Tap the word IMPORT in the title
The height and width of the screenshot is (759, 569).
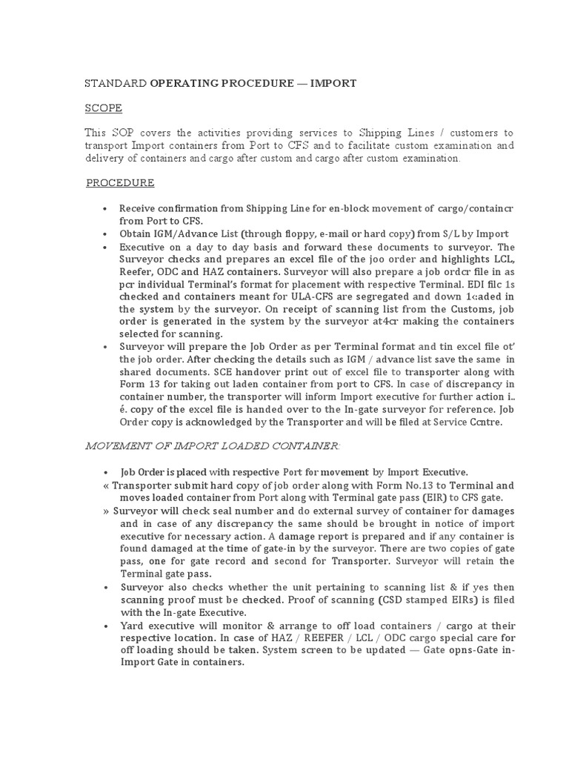click(333, 84)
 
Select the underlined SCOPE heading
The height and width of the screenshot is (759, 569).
click(103, 108)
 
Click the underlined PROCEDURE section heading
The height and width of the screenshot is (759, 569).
click(120, 183)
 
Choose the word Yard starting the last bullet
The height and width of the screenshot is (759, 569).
click(132, 625)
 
